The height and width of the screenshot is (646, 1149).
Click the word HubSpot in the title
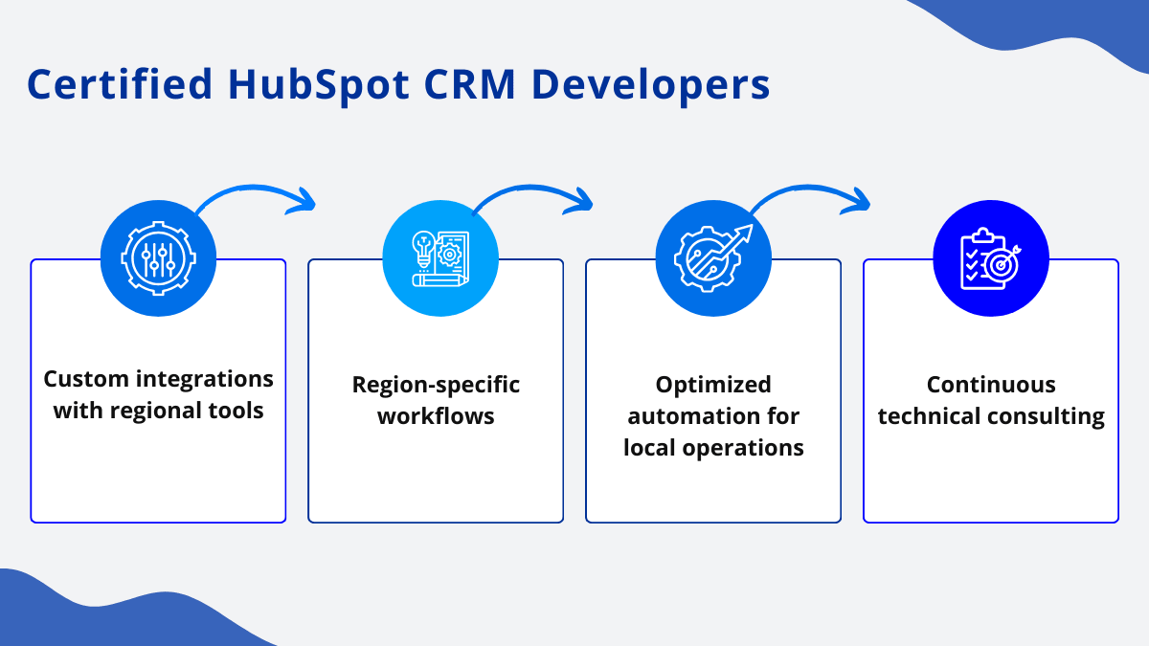click(319, 85)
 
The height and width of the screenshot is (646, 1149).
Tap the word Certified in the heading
click(120, 83)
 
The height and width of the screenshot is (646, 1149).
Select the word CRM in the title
click(469, 84)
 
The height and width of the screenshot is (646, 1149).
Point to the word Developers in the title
click(650, 85)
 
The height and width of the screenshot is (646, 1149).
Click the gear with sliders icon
click(158, 258)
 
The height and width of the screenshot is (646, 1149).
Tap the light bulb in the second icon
click(423, 249)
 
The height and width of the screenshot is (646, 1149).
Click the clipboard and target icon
click(990, 258)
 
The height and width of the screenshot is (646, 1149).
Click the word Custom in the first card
click(86, 379)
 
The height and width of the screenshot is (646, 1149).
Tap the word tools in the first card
click(236, 411)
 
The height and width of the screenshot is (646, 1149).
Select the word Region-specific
click(436, 385)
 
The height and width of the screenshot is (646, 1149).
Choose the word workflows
click(436, 416)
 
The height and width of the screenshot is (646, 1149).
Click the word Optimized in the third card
click(713, 385)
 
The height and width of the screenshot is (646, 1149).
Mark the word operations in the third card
click(743, 448)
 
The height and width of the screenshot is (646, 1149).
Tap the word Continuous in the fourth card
click(991, 385)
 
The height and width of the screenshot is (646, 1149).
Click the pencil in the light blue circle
click(440, 280)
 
